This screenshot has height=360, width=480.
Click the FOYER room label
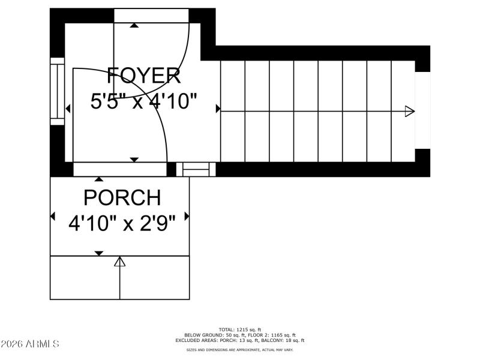click(144, 76)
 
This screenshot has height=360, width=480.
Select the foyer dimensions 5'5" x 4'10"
click(144, 101)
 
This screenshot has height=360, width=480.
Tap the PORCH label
click(122, 197)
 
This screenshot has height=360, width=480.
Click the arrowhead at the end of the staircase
click(410, 111)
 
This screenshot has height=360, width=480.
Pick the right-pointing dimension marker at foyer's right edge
click(218, 109)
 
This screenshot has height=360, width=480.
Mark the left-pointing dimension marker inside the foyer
click(68, 109)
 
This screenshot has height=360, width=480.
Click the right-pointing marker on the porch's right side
click(187, 216)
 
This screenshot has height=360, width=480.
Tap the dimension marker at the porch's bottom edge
click(99, 253)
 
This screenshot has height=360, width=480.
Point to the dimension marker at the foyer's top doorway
click(134, 25)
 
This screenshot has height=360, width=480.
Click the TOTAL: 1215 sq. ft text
click(240, 329)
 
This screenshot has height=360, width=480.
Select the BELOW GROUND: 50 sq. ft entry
click(209, 335)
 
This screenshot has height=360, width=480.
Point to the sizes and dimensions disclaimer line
click(240, 349)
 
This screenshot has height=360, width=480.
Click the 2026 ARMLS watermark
click(30, 344)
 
